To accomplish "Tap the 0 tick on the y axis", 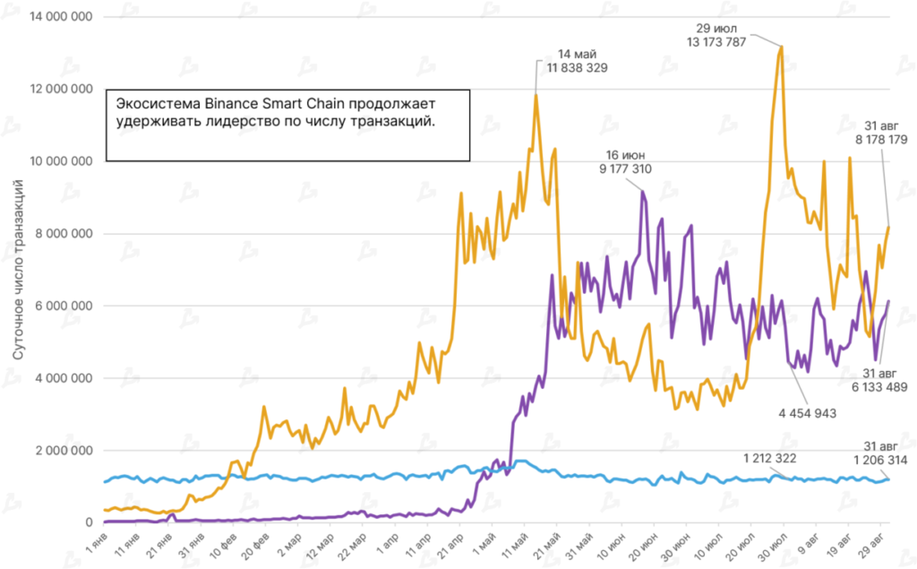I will (x=88, y=522).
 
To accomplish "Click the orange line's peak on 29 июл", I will (x=782, y=47).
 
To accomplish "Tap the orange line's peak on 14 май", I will (x=536, y=94).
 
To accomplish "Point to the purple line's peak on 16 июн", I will (x=642, y=191).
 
